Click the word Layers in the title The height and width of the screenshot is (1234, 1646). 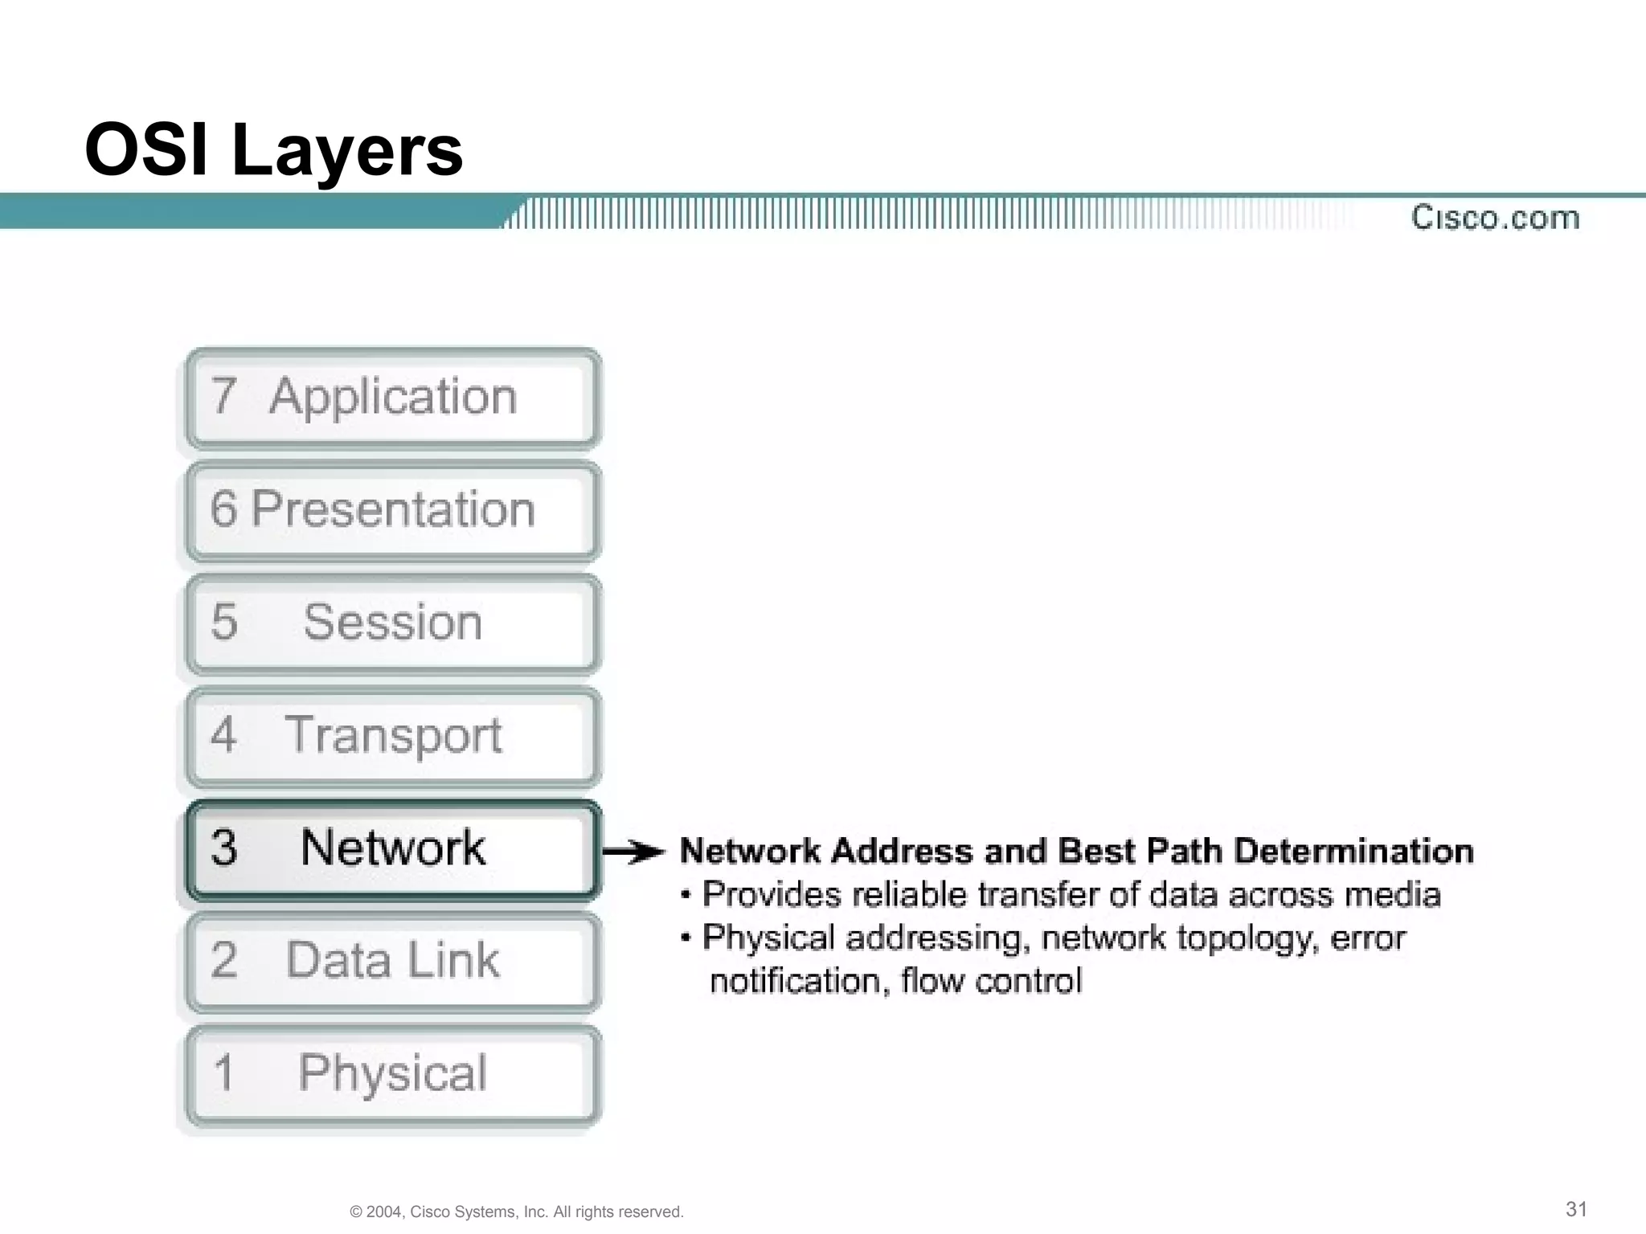347,153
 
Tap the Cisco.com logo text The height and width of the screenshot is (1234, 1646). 1495,218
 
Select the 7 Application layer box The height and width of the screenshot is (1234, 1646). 393,398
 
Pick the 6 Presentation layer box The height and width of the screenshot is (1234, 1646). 393,510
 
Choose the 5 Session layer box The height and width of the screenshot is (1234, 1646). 393,623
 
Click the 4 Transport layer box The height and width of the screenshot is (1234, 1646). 393,736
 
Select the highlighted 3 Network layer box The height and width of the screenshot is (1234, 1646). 393,849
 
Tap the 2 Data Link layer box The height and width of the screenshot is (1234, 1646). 393,962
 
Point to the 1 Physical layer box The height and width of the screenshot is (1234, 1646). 393,1074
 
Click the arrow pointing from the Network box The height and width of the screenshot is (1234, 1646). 634,852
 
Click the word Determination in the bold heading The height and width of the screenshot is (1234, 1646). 1353,852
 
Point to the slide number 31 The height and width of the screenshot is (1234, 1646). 1576,1209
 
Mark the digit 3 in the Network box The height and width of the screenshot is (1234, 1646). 224,848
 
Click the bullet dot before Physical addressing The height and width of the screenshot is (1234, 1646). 686,938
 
